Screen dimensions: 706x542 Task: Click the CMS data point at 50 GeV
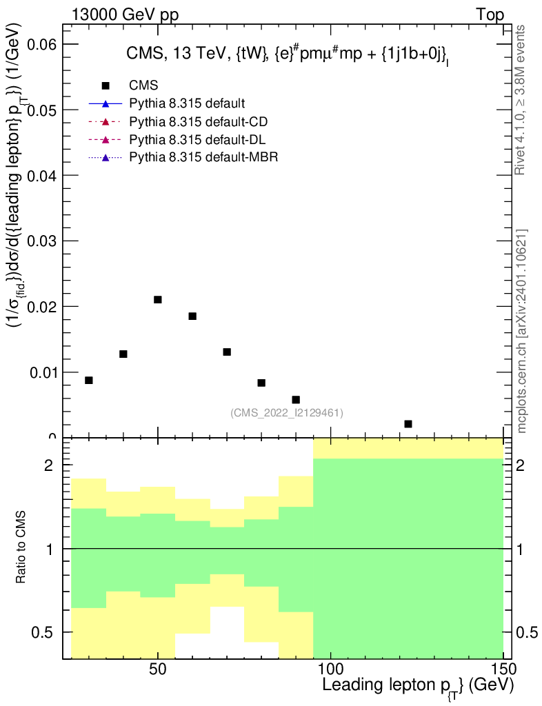[x=158, y=299]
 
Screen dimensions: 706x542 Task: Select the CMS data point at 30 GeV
[x=89, y=380]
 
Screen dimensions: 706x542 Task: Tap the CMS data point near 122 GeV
[x=408, y=423]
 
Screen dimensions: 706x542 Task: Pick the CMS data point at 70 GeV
[x=227, y=352]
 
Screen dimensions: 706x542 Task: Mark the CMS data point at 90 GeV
[x=296, y=399]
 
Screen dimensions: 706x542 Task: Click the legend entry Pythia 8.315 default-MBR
[x=204, y=158]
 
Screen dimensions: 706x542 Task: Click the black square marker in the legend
[x=106, y=85]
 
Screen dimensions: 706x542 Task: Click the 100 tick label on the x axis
[x=331, y=670]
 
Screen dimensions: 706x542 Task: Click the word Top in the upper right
[x=490, y=14]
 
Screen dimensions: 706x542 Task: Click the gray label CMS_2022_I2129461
[x=287, y=413]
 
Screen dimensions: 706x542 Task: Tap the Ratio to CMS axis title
[x=23, y=548]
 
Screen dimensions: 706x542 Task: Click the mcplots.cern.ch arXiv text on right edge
[x=522, y=331]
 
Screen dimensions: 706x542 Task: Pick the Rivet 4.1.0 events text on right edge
[x=522, y=101]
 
